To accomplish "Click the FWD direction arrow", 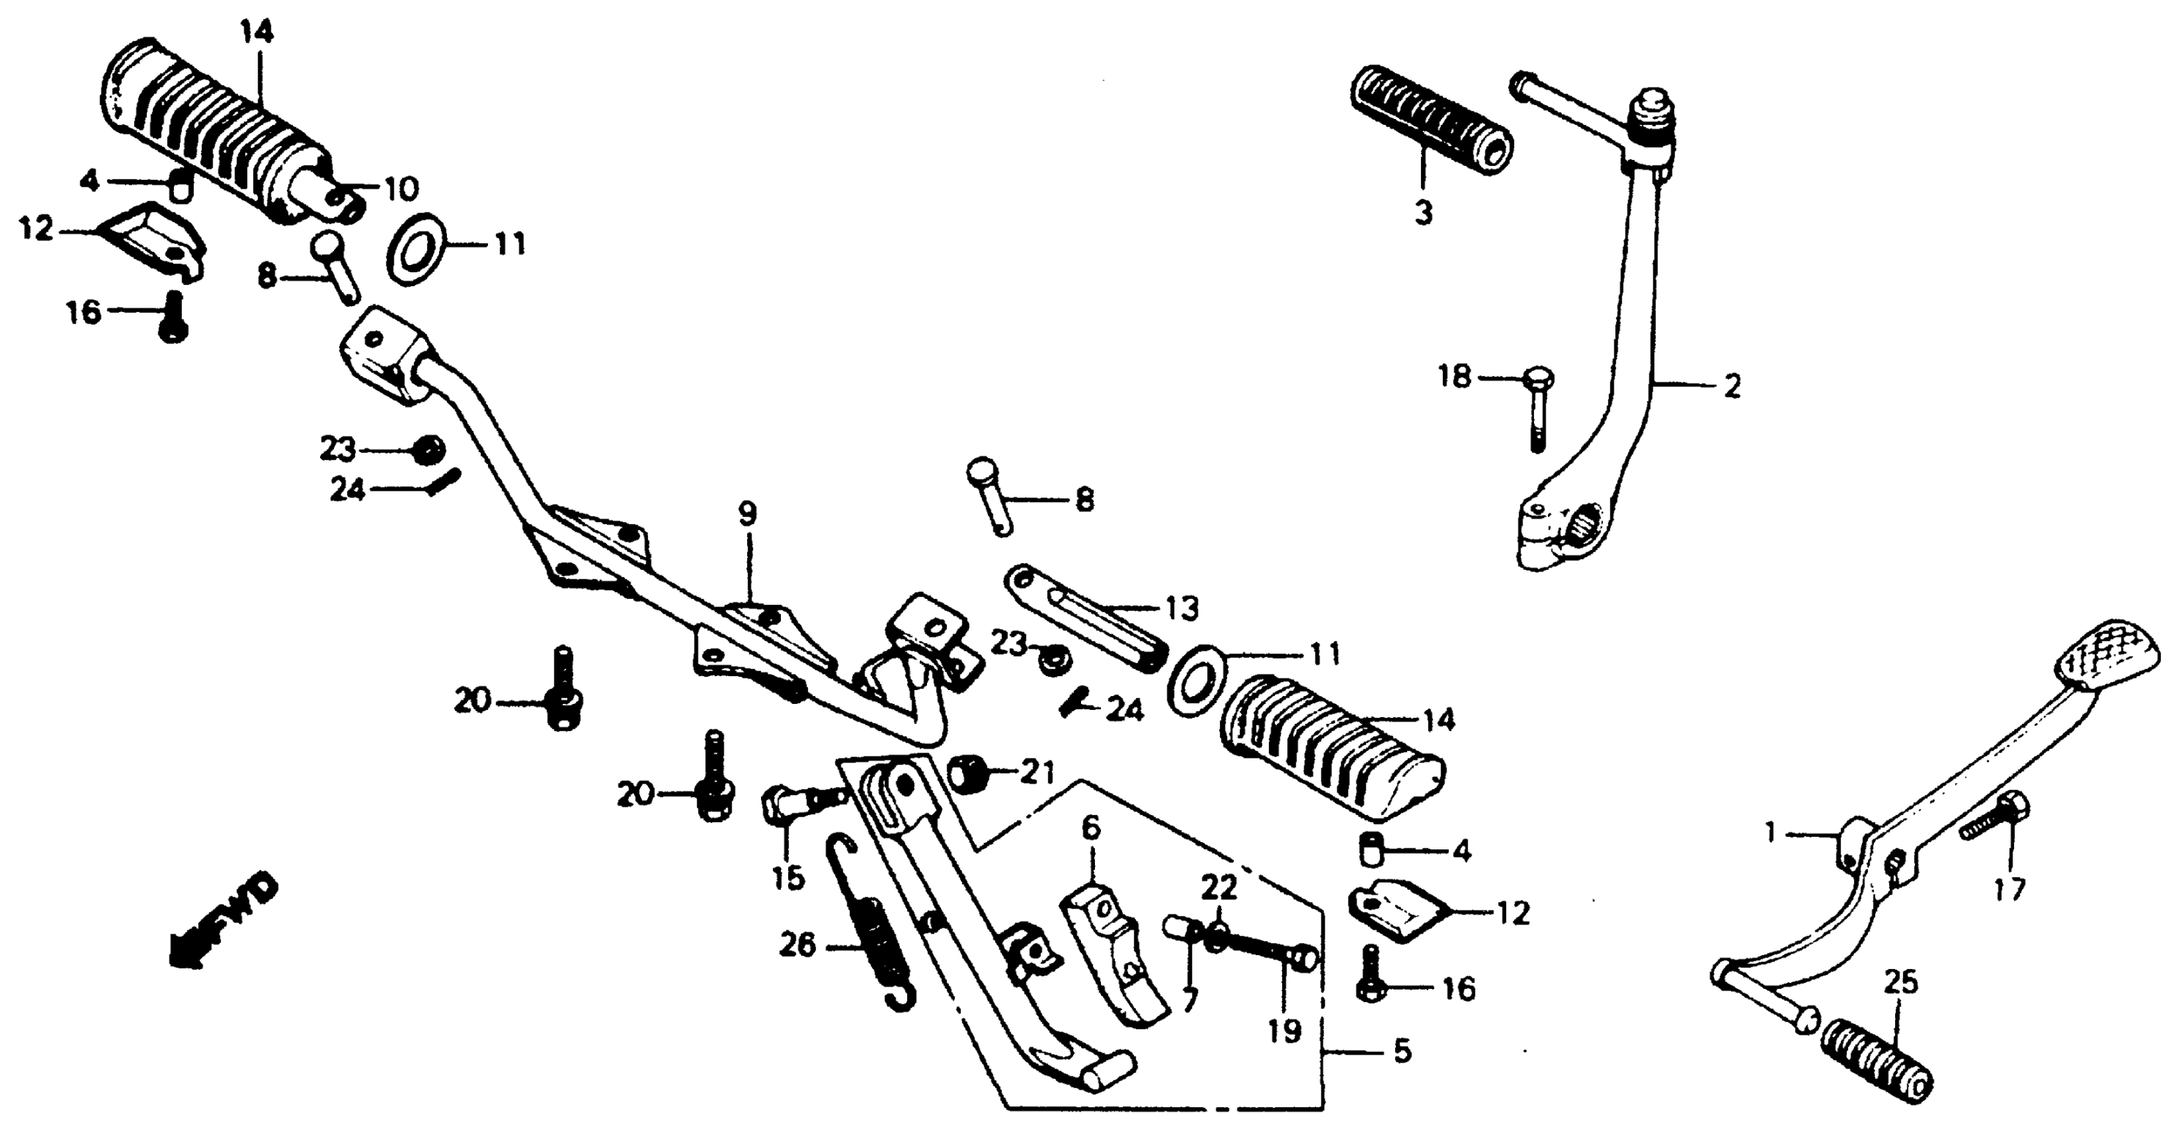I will (x=222, y=923).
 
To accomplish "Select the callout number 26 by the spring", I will (x=797, y=945).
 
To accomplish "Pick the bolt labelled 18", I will (x=1537, y=411).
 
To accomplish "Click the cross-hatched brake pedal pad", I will (x=2110, y=682).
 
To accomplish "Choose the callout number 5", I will (x=1402, y=1052).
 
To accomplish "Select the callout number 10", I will (x=400, y=189).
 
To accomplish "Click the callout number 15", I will (x=788, y=879).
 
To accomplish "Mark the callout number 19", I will (x=1284, y=1031).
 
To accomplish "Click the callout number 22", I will (x=1220, y=889).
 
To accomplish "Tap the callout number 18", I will (x=1456, y=377).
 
